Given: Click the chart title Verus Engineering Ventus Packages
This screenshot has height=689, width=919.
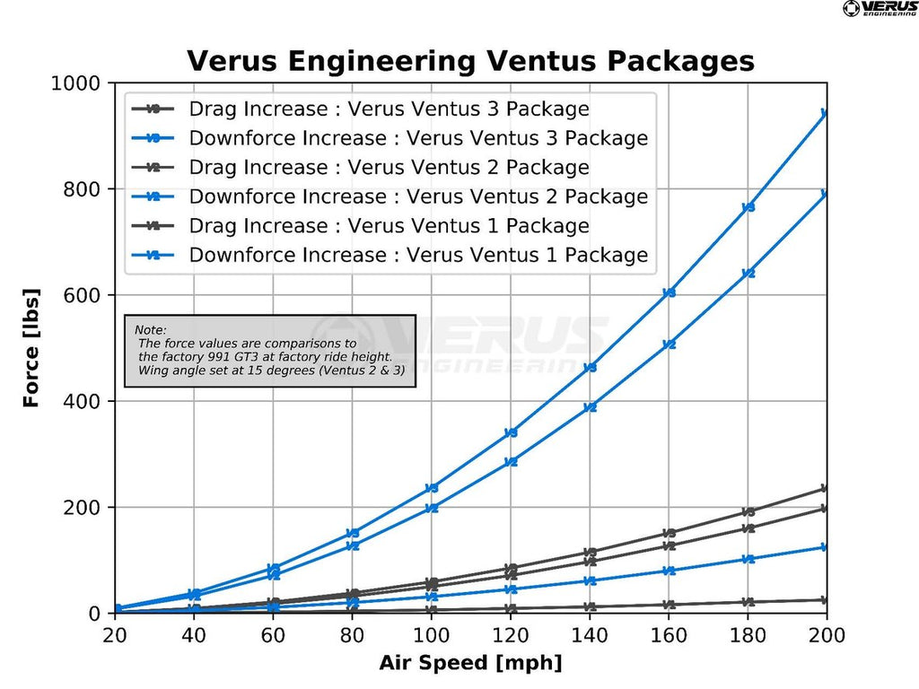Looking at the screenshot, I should [470, 61].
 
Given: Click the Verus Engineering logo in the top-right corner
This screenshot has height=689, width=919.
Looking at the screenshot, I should [879, 9].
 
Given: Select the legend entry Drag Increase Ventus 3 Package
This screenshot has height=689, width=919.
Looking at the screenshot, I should [389, 109].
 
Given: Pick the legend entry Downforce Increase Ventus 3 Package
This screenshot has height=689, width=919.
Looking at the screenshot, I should [418, 138].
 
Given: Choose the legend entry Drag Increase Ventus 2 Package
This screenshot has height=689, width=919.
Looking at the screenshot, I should [389, 168].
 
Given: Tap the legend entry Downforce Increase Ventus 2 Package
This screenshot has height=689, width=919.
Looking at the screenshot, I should [418, 196].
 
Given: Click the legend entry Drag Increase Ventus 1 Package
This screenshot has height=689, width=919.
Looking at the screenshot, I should [389, 226].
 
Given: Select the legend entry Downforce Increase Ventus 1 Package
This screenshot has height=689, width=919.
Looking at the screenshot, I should [418, 255].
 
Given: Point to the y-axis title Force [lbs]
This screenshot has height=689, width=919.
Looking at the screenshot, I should [31, 348].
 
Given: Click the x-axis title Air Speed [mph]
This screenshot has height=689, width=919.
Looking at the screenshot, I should [470, 663].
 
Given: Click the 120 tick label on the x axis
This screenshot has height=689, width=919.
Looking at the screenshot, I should [511, 634].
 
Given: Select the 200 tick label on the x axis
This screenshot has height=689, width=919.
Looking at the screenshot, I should [826, 634].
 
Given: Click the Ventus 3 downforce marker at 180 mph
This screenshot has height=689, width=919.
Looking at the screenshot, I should [748, 207].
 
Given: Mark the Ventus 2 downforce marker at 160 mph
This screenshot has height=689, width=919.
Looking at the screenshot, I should [669, 344].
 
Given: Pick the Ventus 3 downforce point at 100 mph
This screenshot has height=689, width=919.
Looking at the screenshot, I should [432, 488].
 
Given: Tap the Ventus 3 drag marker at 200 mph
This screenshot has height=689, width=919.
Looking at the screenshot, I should [825, 489].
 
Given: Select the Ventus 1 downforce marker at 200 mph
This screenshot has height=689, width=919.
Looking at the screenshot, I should [825, 547].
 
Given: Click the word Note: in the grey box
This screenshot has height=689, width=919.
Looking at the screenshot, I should [151, 330].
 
